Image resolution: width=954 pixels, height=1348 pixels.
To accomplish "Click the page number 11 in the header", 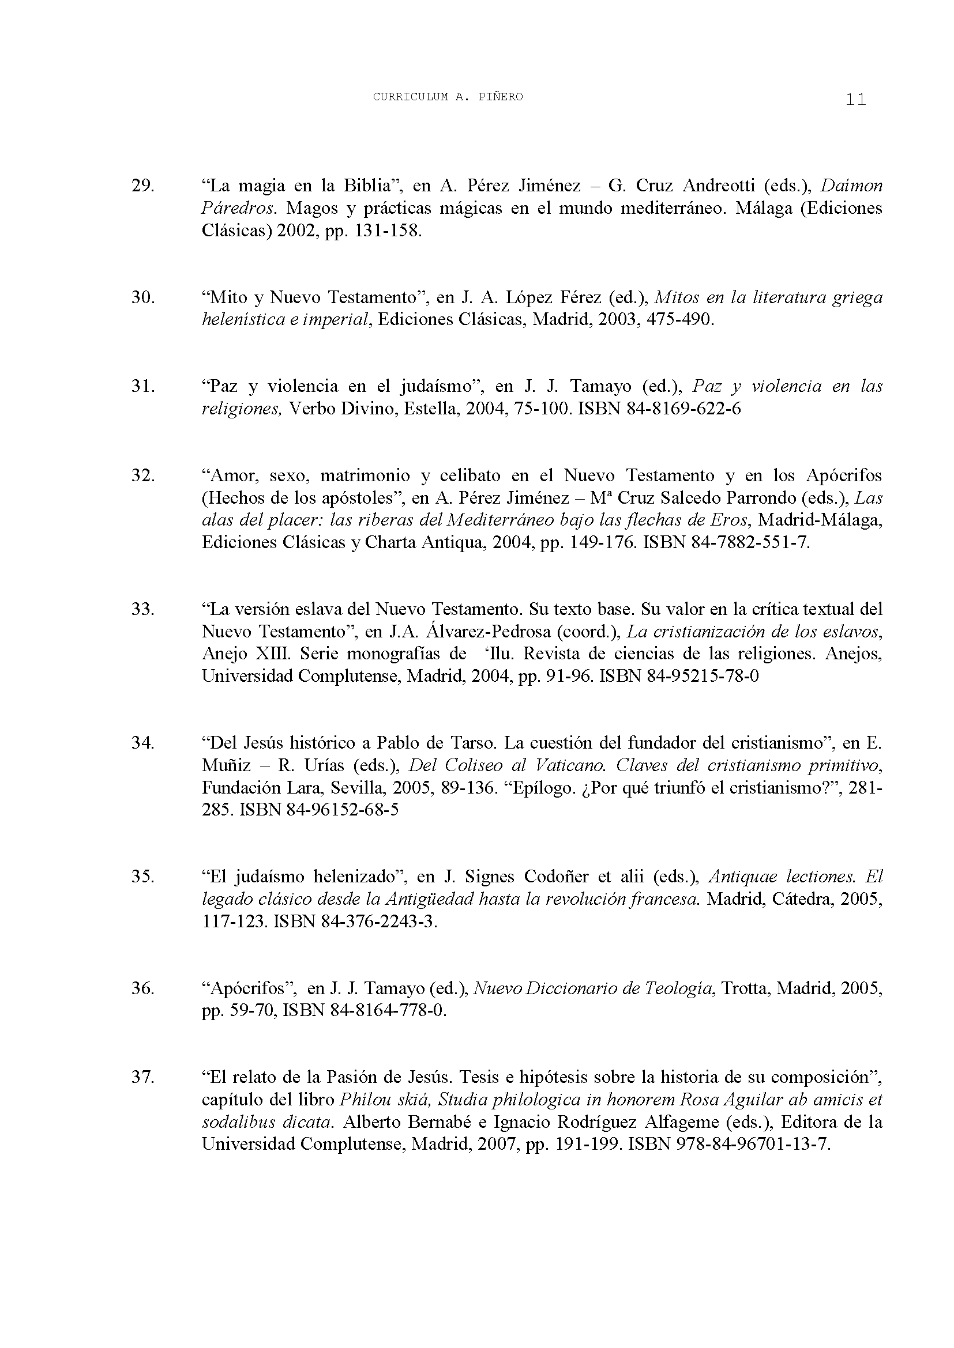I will click(856, 99).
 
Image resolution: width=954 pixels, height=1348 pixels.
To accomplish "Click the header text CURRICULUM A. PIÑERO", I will click(448, 97).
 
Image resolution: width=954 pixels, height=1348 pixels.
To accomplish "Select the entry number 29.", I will click(142, 186).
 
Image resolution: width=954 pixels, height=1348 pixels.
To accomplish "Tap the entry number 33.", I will click(142, 609).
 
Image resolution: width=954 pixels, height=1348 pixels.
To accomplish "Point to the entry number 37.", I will click(142, 1077).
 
